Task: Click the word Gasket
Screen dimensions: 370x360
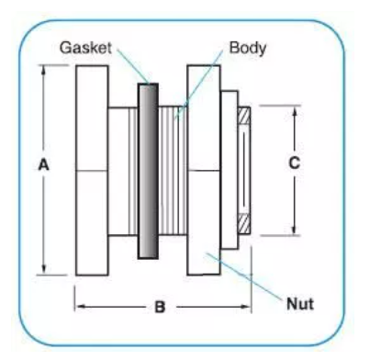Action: tap(85, 48)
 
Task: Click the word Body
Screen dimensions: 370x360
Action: tap(248, 49)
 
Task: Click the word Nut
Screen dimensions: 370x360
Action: tap(300, 304)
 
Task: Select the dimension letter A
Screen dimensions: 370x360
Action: tap(43, 165)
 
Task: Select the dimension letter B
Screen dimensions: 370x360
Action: tap(160, 307)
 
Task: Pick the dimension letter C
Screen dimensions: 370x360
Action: tap(294, 163)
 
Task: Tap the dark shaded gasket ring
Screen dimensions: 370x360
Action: tap(148, 171)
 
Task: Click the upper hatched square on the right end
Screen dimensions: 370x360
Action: tap(244, 116)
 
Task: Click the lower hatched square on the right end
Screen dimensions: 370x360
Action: tap(244, 223)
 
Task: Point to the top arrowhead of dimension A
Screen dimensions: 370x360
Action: tap(43, 69)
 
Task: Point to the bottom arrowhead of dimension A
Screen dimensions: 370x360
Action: tap(43, 269)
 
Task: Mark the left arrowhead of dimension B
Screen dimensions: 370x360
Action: tap(80, 307)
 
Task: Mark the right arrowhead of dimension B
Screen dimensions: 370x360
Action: tap(246, 307)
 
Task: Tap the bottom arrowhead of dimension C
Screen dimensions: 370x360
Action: tap(294, 231)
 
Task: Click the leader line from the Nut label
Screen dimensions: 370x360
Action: tap(244, 276)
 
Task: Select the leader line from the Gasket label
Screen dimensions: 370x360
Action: tap(133, 66)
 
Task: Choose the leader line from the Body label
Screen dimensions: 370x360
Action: tap(199, 85)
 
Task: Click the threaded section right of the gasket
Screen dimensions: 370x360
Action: tap(173, 171)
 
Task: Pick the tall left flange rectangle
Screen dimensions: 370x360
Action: tap(92, 170)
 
